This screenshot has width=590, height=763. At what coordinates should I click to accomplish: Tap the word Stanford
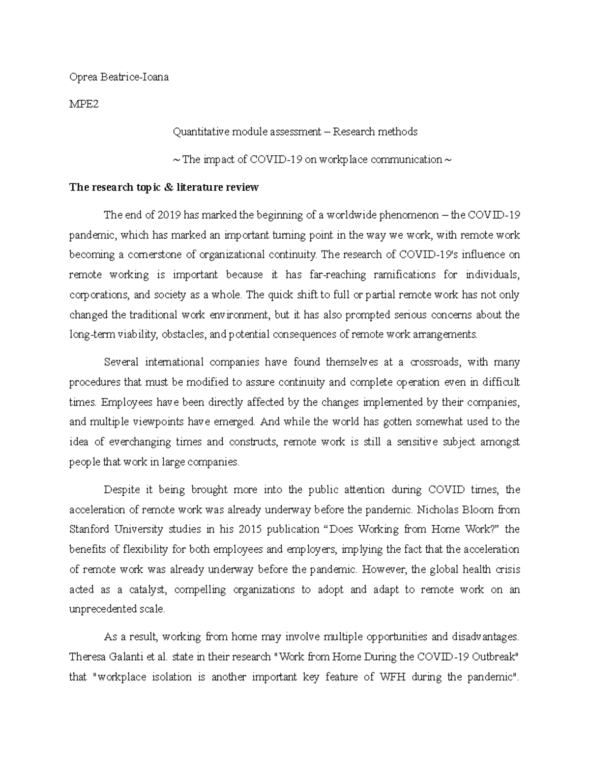[x=90, y=529]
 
